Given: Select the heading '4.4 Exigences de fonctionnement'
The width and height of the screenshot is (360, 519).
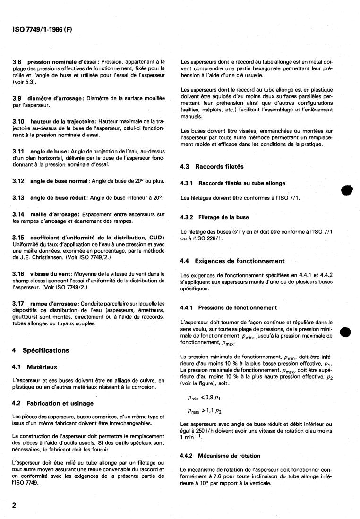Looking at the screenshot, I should pyautogui.click(x=233, y=261).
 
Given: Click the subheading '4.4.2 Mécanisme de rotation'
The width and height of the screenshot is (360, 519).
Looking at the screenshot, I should pyautogui.click(x=227, y=456).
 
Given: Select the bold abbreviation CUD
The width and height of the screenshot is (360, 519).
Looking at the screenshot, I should pyautogui.click(x=156, y=237).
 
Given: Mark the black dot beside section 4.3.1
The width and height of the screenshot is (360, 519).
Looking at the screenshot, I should pyautogui.click(x=347, y=191).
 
